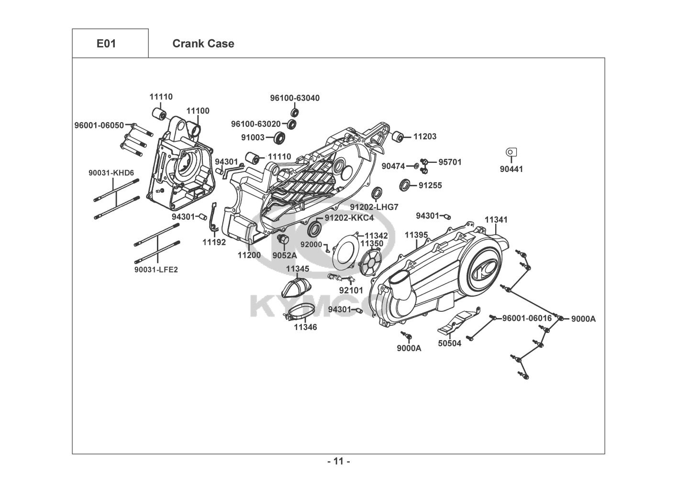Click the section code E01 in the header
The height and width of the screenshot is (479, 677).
click(x=106, y=44)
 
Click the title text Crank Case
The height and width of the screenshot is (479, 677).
click(x=203, y=44)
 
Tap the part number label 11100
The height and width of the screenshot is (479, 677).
click(x=198, y=111)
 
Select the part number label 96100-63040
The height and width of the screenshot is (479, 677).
click(x=295, y=98)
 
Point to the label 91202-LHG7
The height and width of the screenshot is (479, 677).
click(x=374, y=207)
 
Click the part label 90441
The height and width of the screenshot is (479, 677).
click(x=511, y=169)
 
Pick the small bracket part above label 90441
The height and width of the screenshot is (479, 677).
click(x=511, y=152)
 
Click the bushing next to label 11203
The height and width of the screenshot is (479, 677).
click(x=398, y=136)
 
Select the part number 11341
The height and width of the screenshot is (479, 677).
click(x=496, y=220)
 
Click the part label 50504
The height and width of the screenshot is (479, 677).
click(x=450, y=343)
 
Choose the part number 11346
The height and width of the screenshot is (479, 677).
click(x=305, y=327)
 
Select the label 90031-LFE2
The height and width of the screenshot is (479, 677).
click(x=156, y=270)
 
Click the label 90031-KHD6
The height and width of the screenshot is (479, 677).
click(x=111, y=172)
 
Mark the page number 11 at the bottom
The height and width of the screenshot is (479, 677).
click(x=338, y=462)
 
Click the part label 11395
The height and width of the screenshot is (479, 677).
click(x=416, y=235)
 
